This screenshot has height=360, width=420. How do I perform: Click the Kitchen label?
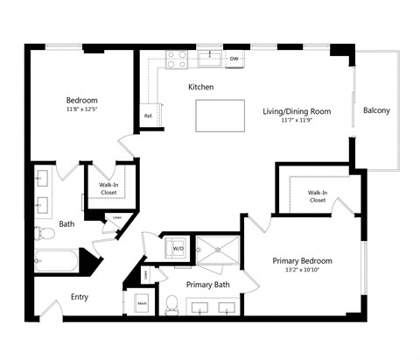[200, 87]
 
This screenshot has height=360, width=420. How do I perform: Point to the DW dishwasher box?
[234, 60]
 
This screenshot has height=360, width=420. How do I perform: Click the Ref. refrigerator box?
[148, 116]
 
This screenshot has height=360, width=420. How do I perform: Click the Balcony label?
[376, 110]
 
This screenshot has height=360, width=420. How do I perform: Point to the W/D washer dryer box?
[178, 249]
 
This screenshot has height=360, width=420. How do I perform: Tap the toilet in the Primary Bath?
[172, 306]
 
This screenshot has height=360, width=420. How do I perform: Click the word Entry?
[80, 297]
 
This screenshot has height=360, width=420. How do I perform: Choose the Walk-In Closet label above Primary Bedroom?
[317, 196]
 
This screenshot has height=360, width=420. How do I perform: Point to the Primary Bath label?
[207, 285]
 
